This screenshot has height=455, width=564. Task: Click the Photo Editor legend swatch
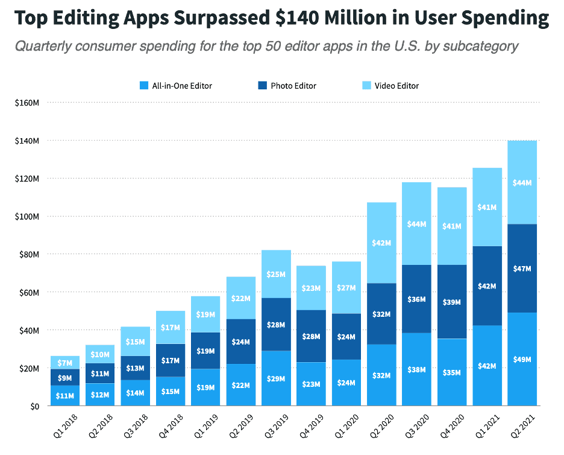pos(263,86)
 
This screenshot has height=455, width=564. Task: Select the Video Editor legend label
pos(396,86)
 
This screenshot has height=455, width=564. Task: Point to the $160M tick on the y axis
pos(27,103)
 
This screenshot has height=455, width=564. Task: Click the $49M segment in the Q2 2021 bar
pos(522,359)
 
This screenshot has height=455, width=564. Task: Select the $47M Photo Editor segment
pos(522,268)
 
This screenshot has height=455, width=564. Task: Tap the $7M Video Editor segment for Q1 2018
pos(65,363)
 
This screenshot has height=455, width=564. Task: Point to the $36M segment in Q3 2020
pos(417,299)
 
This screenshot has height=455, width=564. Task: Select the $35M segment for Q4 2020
pos(452,372)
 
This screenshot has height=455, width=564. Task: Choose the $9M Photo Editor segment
pos(65,377)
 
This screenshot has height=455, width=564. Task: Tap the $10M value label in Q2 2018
pos(100,355)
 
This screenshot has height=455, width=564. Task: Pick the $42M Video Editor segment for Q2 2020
pos(381,243)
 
